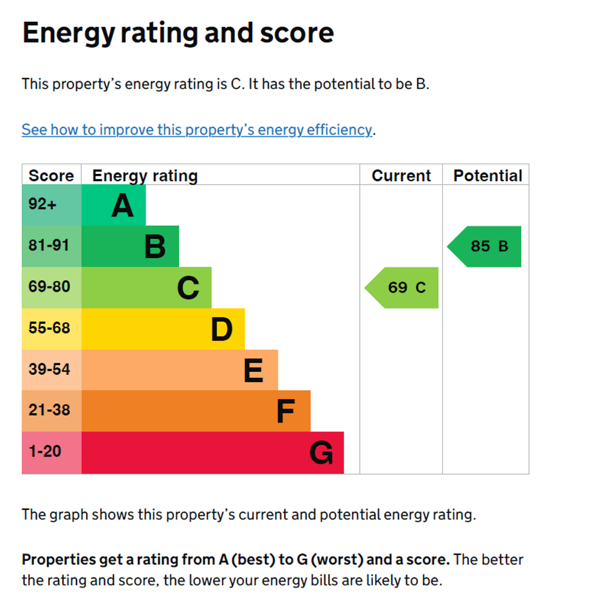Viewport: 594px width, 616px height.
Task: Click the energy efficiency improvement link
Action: pos(197,130)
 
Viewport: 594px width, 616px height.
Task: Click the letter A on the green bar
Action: pos(122,206)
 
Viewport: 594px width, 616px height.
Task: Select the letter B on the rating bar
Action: pos(155,247)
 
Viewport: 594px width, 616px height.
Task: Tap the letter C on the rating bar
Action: pos(188,288)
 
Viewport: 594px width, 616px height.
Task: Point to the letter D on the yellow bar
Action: pos(221,329)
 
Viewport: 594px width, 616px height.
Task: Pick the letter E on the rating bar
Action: pos(253,371)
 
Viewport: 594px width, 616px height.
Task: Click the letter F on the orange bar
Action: pos(285,411)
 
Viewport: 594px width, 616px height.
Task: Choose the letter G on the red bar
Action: pos(321,453)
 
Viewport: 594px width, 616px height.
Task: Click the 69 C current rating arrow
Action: pos(403,288)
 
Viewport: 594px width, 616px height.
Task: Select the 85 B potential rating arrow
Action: pos(486,246)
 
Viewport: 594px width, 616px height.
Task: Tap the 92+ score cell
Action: pos(42,205)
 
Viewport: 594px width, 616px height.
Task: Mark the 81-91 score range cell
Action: pos(49,245)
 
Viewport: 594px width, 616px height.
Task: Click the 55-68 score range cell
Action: pos(49,328)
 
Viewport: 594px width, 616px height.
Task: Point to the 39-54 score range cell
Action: pos(49,369)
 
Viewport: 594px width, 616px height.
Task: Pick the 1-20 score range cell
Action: pos(45,452)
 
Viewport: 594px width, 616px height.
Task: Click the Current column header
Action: pos(401,176)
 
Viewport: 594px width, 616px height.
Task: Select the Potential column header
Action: pos(487,176)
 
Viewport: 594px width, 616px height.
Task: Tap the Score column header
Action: pos(51,176)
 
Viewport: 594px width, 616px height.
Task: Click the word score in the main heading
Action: pos(297,33)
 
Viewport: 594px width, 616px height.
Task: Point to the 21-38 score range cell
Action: pos(49,410)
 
